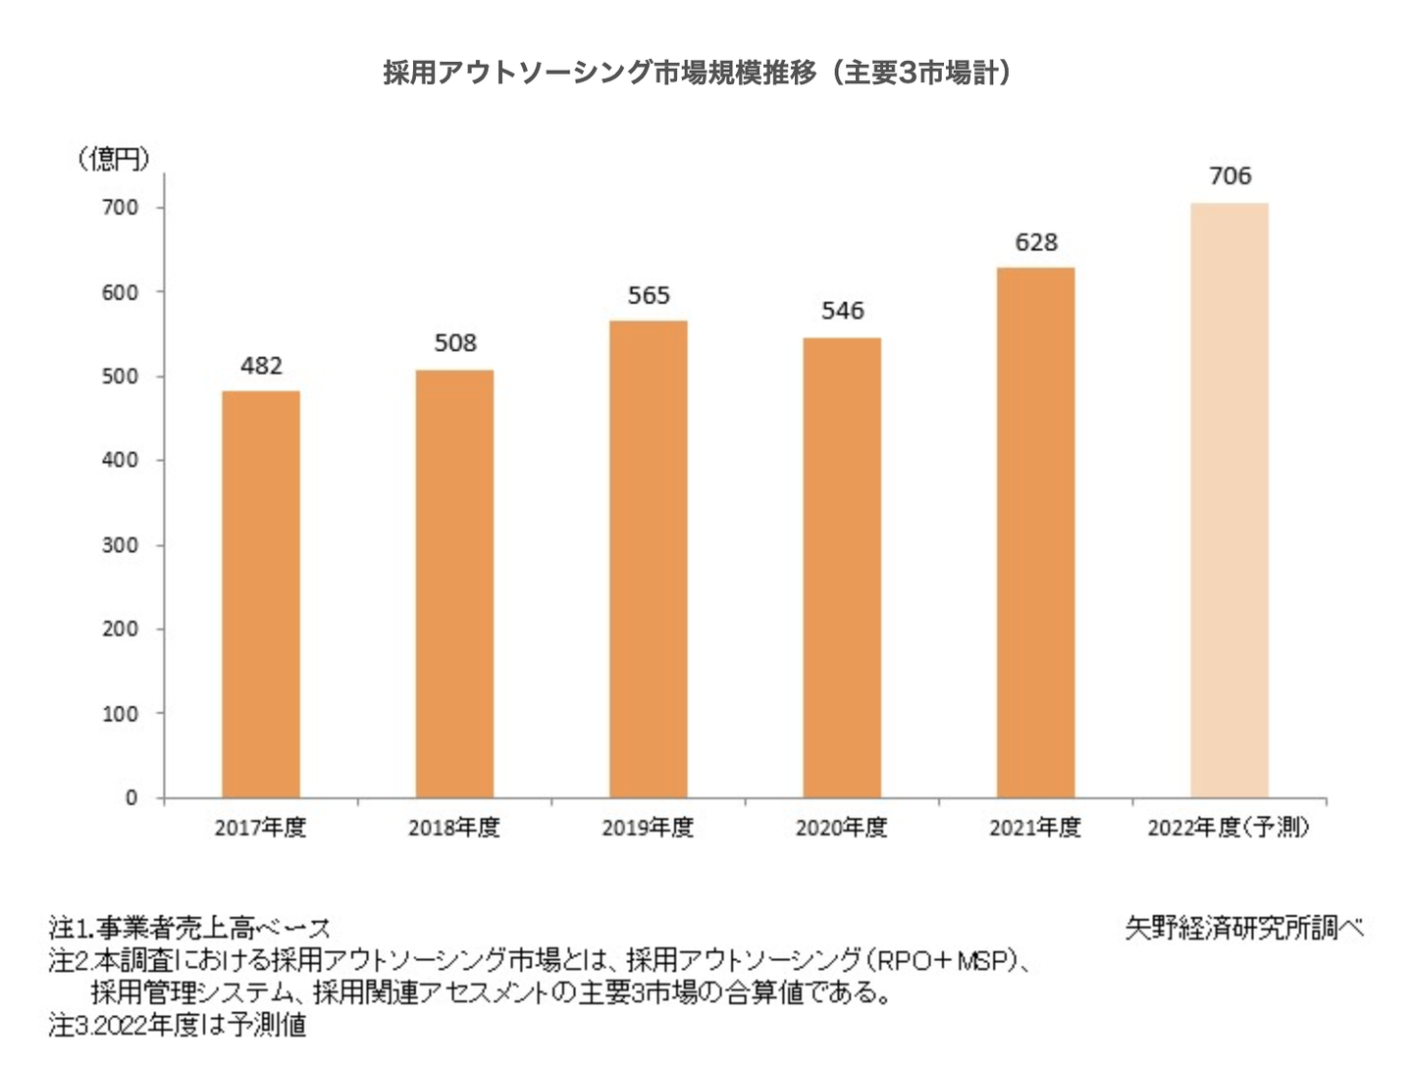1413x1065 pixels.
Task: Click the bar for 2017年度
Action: pyautogui.click(x=261, y=594)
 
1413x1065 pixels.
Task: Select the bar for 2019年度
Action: pyautogui.click(x=649, y=559)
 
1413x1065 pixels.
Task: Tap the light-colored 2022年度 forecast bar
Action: pyautogui.click(x=1230, y=500)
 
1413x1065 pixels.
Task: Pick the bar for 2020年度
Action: pyautogui.click(x=842, y=568)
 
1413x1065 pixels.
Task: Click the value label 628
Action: pyautogui.click(x=1036, y=242)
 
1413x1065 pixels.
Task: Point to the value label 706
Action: pyautogui.click(x=1230, y=177)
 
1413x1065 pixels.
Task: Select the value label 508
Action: pyautogui.click(x=455, y=343)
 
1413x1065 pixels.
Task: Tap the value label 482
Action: pyautogui.click(x=261, y=366)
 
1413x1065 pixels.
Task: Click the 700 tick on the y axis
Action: pyautogui.click(x=121, y=208)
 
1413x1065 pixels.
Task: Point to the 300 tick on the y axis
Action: pyautogui.click(x=121, y=545)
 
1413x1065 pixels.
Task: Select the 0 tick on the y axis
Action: pyautogui.click(x=131, y=798)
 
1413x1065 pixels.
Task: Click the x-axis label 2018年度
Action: pyautogui.click(x=454, y=829)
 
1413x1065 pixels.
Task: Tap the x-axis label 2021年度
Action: pyautogui.click(x=1035, y=829)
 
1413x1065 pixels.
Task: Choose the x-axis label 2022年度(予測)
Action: pyautogui.click(x=1229, y=829)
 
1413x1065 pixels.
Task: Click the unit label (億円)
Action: pyautogui.click(x=114, y=159)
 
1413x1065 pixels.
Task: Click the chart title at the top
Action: pyautogui.click(x=698, y=73)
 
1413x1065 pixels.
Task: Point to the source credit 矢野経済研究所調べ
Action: pyautogui.click(x=1244, y=928)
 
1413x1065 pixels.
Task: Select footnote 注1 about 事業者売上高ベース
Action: pyautogui.click(x=189, y=928)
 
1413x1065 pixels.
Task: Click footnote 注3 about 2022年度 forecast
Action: pyautogui.click(x=178, y=1026)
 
